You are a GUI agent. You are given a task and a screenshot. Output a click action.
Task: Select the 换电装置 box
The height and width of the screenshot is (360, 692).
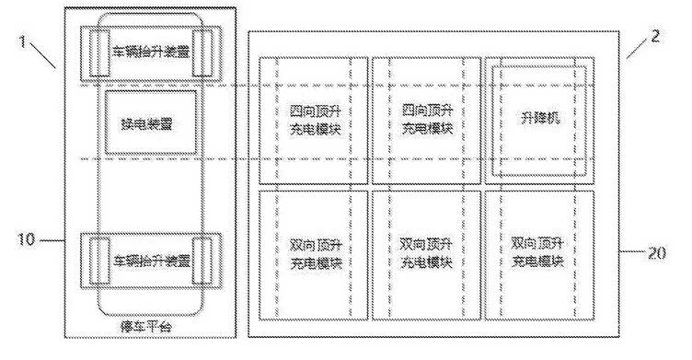[x=149, y=122]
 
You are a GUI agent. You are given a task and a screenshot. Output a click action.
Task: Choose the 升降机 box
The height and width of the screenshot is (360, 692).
[x=539, y=120]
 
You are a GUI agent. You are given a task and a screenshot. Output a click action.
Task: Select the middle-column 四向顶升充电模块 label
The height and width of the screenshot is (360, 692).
[x=426, y=120]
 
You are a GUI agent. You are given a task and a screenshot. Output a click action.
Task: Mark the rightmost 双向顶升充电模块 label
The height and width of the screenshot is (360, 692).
[x=538, y=253]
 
